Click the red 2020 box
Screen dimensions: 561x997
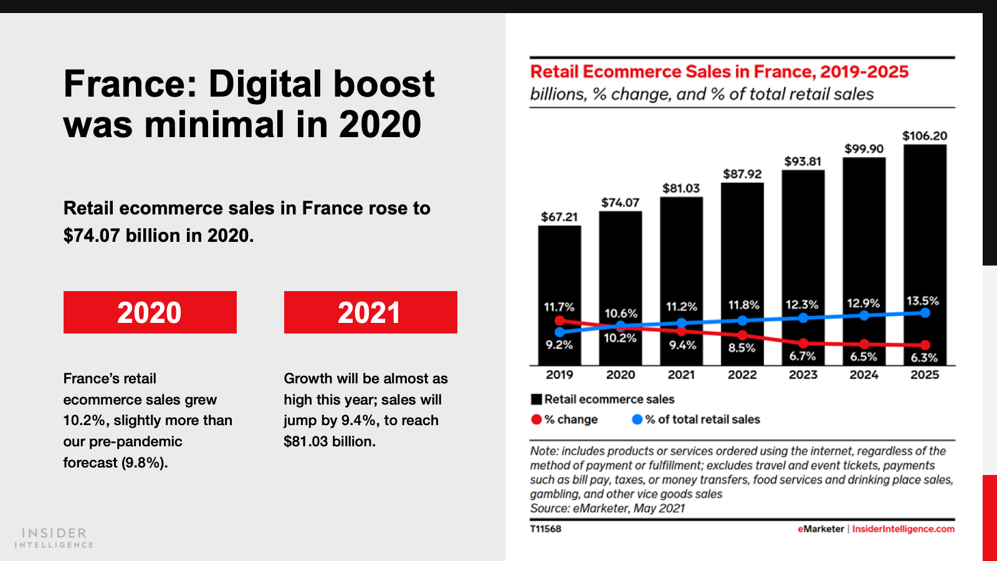150,312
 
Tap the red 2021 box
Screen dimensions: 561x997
370,312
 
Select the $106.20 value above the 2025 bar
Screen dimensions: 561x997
925,136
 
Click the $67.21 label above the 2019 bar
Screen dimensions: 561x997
560,217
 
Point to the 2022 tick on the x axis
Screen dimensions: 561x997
742,375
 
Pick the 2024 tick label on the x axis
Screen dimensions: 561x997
864,375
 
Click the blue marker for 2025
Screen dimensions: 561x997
925,313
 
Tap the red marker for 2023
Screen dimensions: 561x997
803,343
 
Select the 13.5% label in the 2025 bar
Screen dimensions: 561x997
922,301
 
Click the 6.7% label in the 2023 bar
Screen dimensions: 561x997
803,356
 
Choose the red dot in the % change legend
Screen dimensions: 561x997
536,420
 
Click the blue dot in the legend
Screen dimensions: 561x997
637,420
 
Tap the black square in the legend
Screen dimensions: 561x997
536,400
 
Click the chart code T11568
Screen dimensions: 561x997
546,529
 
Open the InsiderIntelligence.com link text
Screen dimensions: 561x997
903,529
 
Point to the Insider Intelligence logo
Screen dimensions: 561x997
54,537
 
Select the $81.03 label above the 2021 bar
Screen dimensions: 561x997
681,188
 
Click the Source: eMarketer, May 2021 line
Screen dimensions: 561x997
608,508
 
